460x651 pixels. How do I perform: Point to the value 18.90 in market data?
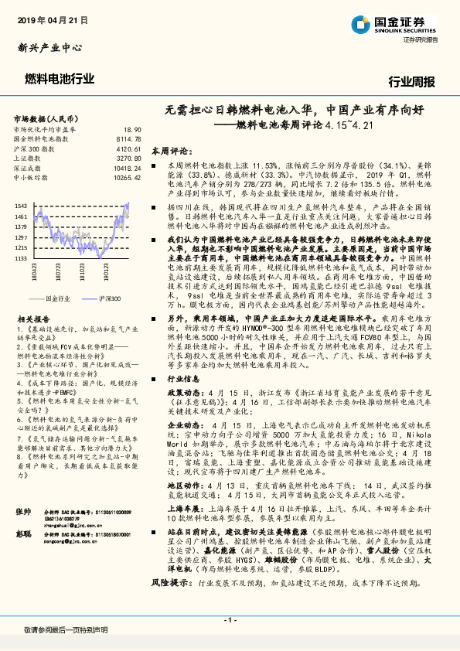133,130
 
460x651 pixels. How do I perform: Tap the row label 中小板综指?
32,176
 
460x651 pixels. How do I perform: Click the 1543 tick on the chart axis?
22,205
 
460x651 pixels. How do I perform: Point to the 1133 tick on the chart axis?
22,258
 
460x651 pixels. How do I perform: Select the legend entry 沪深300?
107,297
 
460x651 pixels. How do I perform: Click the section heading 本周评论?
169,150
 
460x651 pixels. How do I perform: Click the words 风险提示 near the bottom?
169,601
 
